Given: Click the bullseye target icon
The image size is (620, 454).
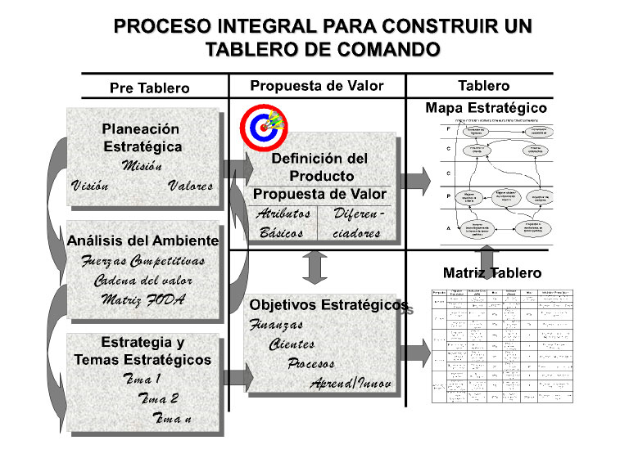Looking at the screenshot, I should pos(262,125).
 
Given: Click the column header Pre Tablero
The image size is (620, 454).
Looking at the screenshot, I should pos(149,88).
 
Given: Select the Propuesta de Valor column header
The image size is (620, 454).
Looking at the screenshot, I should pos(316,86).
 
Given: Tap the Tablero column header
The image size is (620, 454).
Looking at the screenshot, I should pos(483,85).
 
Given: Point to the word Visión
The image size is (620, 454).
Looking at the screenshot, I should pos(89,186).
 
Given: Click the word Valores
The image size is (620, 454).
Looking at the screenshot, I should pos(190,186).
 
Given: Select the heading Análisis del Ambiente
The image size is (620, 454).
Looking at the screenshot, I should pos(143,240).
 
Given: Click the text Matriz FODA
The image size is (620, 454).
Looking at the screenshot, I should pos(143,299).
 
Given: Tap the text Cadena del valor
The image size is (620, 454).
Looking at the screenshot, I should pos(143,280).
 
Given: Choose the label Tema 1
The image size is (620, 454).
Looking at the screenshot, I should pos(140,379).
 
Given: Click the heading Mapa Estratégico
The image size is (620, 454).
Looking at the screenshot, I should pos(486,107).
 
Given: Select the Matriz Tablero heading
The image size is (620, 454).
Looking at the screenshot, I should pos(491,272).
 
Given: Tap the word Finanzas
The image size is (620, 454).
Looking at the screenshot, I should pos(276,325).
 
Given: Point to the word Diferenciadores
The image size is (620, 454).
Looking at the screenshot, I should pos(357,223).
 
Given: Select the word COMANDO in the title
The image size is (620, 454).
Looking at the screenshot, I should pos(386,50).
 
